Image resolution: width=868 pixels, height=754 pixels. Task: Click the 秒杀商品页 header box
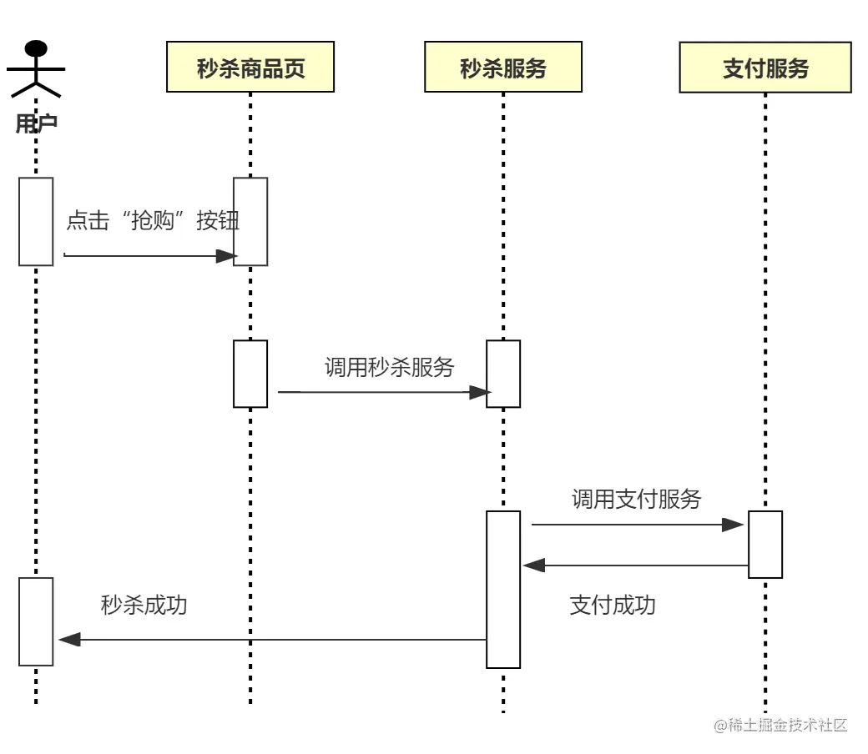250,68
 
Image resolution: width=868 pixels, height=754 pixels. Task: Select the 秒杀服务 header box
503,68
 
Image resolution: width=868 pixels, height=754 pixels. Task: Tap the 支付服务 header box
765,68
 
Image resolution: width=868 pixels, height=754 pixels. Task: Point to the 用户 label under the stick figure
36,124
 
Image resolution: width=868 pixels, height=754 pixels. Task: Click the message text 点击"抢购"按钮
153,220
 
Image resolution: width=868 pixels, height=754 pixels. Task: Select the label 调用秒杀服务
389,367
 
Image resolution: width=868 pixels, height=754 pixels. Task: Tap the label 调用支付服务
636,499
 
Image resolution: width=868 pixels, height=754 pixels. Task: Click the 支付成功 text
613,605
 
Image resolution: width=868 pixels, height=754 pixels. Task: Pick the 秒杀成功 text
144,605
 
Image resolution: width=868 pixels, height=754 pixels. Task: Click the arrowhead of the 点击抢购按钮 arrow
226,256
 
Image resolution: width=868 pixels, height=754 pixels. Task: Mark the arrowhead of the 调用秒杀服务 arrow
479,391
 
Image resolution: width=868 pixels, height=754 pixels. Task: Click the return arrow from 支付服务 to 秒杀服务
634,565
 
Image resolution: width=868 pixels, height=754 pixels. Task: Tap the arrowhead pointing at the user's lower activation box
69,640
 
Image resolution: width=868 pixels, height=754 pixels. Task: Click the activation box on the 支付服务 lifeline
765,544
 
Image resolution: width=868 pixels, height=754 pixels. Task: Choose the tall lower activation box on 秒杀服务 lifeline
503,589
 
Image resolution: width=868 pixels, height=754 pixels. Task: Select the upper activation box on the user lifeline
36,221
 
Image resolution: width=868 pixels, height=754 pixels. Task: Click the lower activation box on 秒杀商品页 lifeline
250,374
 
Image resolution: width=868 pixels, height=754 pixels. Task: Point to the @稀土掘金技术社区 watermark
780,725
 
